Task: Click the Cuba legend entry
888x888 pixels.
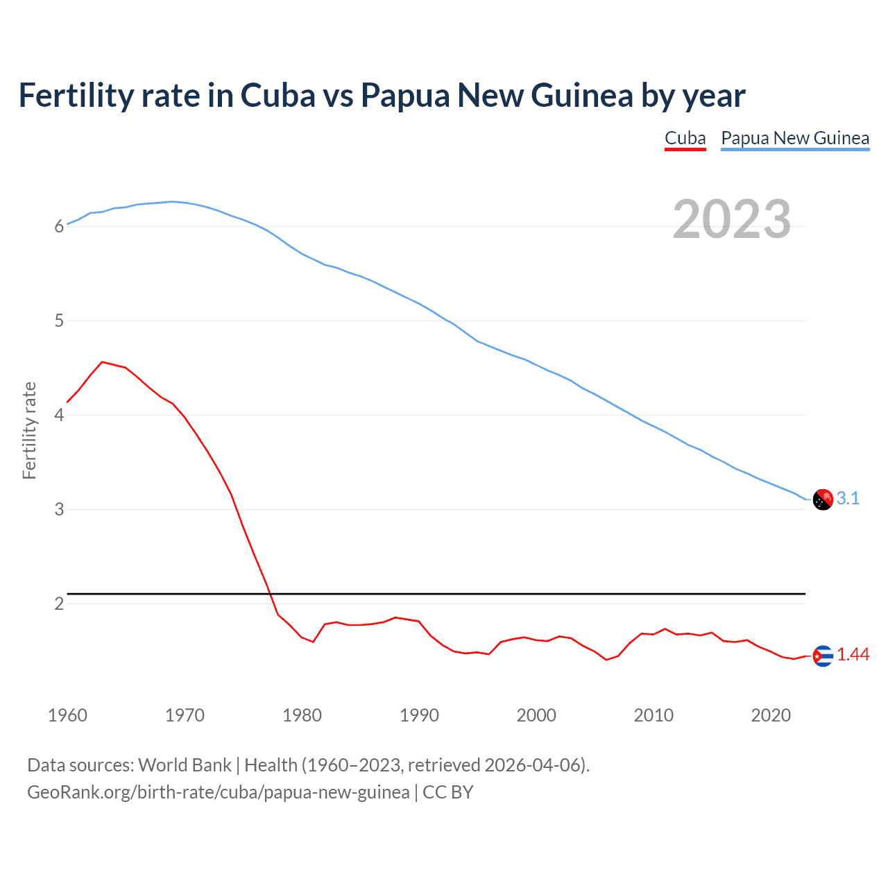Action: tap(685, 138)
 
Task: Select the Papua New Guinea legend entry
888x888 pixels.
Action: tap(795, 138)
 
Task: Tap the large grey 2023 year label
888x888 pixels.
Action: tap(732, 219)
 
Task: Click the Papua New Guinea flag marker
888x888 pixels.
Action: tap(823, 499)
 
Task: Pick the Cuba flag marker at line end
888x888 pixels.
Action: tap(823, 656)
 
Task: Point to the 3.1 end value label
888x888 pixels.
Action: tap(848, 498)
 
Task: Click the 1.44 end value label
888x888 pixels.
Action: tap(853, 654)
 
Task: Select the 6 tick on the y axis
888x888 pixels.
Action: tap(59, 227)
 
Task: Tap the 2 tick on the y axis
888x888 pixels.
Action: tap(59, 604)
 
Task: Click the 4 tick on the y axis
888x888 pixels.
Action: tap(59, 416)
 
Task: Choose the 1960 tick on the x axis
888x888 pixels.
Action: tap(67, 715)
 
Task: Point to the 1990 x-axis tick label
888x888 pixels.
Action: tap(419, 715)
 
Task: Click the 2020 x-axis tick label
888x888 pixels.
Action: tap(771, 715)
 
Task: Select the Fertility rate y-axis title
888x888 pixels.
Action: tap(29, 430)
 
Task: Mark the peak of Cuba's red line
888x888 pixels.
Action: tap(102, 361)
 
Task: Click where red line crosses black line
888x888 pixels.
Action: tap(270, 594)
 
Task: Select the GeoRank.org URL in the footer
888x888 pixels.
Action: tap(218, 792)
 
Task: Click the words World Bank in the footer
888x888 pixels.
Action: tap(185, 765)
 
